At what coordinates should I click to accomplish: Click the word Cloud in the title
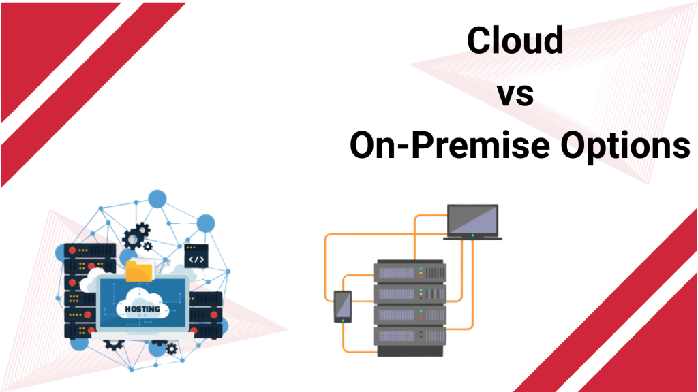pyautogui.click(x=515, y=42)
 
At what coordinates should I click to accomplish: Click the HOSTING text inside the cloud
pyautogui.click(x=142, y=309)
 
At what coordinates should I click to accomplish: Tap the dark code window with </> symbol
pyautogui.click(x=196, y=259)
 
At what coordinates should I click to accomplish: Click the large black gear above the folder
pyautogui.click(x=135, y=237)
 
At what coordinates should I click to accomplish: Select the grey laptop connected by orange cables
pyautogui.click(x=472, y=222)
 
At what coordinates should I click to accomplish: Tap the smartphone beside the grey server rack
pyautogui.click(x=342, y=306)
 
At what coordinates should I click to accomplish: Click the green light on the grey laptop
pyautogui.click(x=472, y=235)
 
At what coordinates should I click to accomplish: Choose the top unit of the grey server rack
pyautogui.click(x=409, y=272)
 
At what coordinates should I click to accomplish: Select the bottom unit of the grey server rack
pyautogui.click(x=409, y=336)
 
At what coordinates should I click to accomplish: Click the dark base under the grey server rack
pyautogui.click(x=409, y=351)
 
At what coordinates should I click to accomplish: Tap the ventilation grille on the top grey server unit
pyautogui.click(x=395, y=272)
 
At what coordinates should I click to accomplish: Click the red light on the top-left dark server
pyautogui.click(x=70, y=250)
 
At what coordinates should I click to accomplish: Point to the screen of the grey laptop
pyautogui.click(x=472, y=219)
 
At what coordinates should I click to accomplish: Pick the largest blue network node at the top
pyautogui.click(x=157, y=199)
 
